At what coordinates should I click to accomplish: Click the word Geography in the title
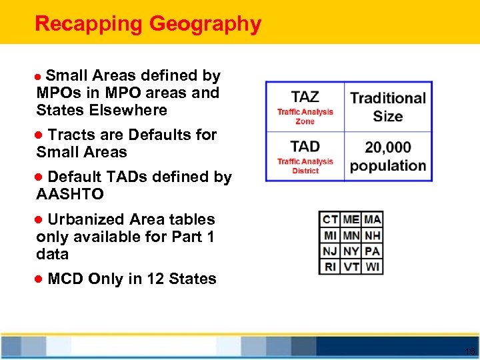[x=205, y=25]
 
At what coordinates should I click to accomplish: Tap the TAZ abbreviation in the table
[x=305, y=97]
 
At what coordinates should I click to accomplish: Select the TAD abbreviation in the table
[x=305, y=146]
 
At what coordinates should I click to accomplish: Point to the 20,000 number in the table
[x=388, y=147]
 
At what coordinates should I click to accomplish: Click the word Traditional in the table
[x=388, y=98]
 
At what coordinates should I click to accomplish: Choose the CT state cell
[x=330, y=219]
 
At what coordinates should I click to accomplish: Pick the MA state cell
[x=373, y=219]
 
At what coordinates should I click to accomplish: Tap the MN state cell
[x=351, y=235]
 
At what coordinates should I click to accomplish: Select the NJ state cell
[x=330, y=251]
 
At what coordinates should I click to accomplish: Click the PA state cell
[x=373, y=251]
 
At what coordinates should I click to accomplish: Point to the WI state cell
[x=373, y=267]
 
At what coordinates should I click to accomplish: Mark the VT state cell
[x=351, y=267]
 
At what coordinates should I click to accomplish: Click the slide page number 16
[x=469, y=351]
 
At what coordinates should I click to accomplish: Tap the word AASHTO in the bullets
[x=70, y=195]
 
